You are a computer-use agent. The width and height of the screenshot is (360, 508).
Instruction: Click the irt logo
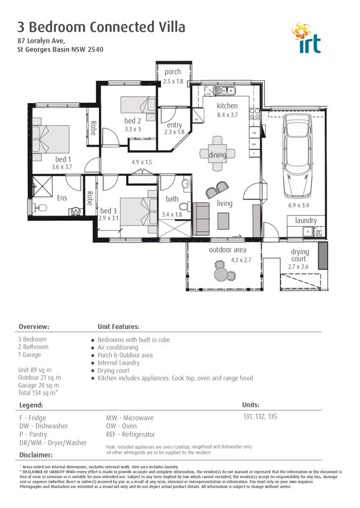(x=307, y=38)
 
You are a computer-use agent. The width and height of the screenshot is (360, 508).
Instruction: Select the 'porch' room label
(x=173, y=72)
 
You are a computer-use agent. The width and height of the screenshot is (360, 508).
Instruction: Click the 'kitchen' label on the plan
(x=227, y=106)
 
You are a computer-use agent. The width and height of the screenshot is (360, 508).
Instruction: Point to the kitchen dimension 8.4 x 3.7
(x=227, y=115)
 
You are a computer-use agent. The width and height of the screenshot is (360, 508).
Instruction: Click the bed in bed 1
(x=51, y=139)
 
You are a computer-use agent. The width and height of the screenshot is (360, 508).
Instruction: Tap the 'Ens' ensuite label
(x=62, y=198)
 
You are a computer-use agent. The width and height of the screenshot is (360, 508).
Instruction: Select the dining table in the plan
(x=217, y=154)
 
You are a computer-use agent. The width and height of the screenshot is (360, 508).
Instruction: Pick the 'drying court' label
(x=300, y=255)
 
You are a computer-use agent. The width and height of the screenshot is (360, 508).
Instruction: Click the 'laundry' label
(x=306, y=220)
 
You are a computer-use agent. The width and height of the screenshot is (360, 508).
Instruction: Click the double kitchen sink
(x=224, y=91)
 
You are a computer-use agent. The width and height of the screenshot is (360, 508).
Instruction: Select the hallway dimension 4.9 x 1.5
(x=142, y=162)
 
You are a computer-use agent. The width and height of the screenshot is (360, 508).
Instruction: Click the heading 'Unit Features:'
(x=118, y=327)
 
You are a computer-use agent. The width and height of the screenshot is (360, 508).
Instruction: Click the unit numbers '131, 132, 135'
(x=259, y=417)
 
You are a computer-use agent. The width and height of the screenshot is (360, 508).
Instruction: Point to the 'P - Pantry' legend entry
(x=33, y=435)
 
